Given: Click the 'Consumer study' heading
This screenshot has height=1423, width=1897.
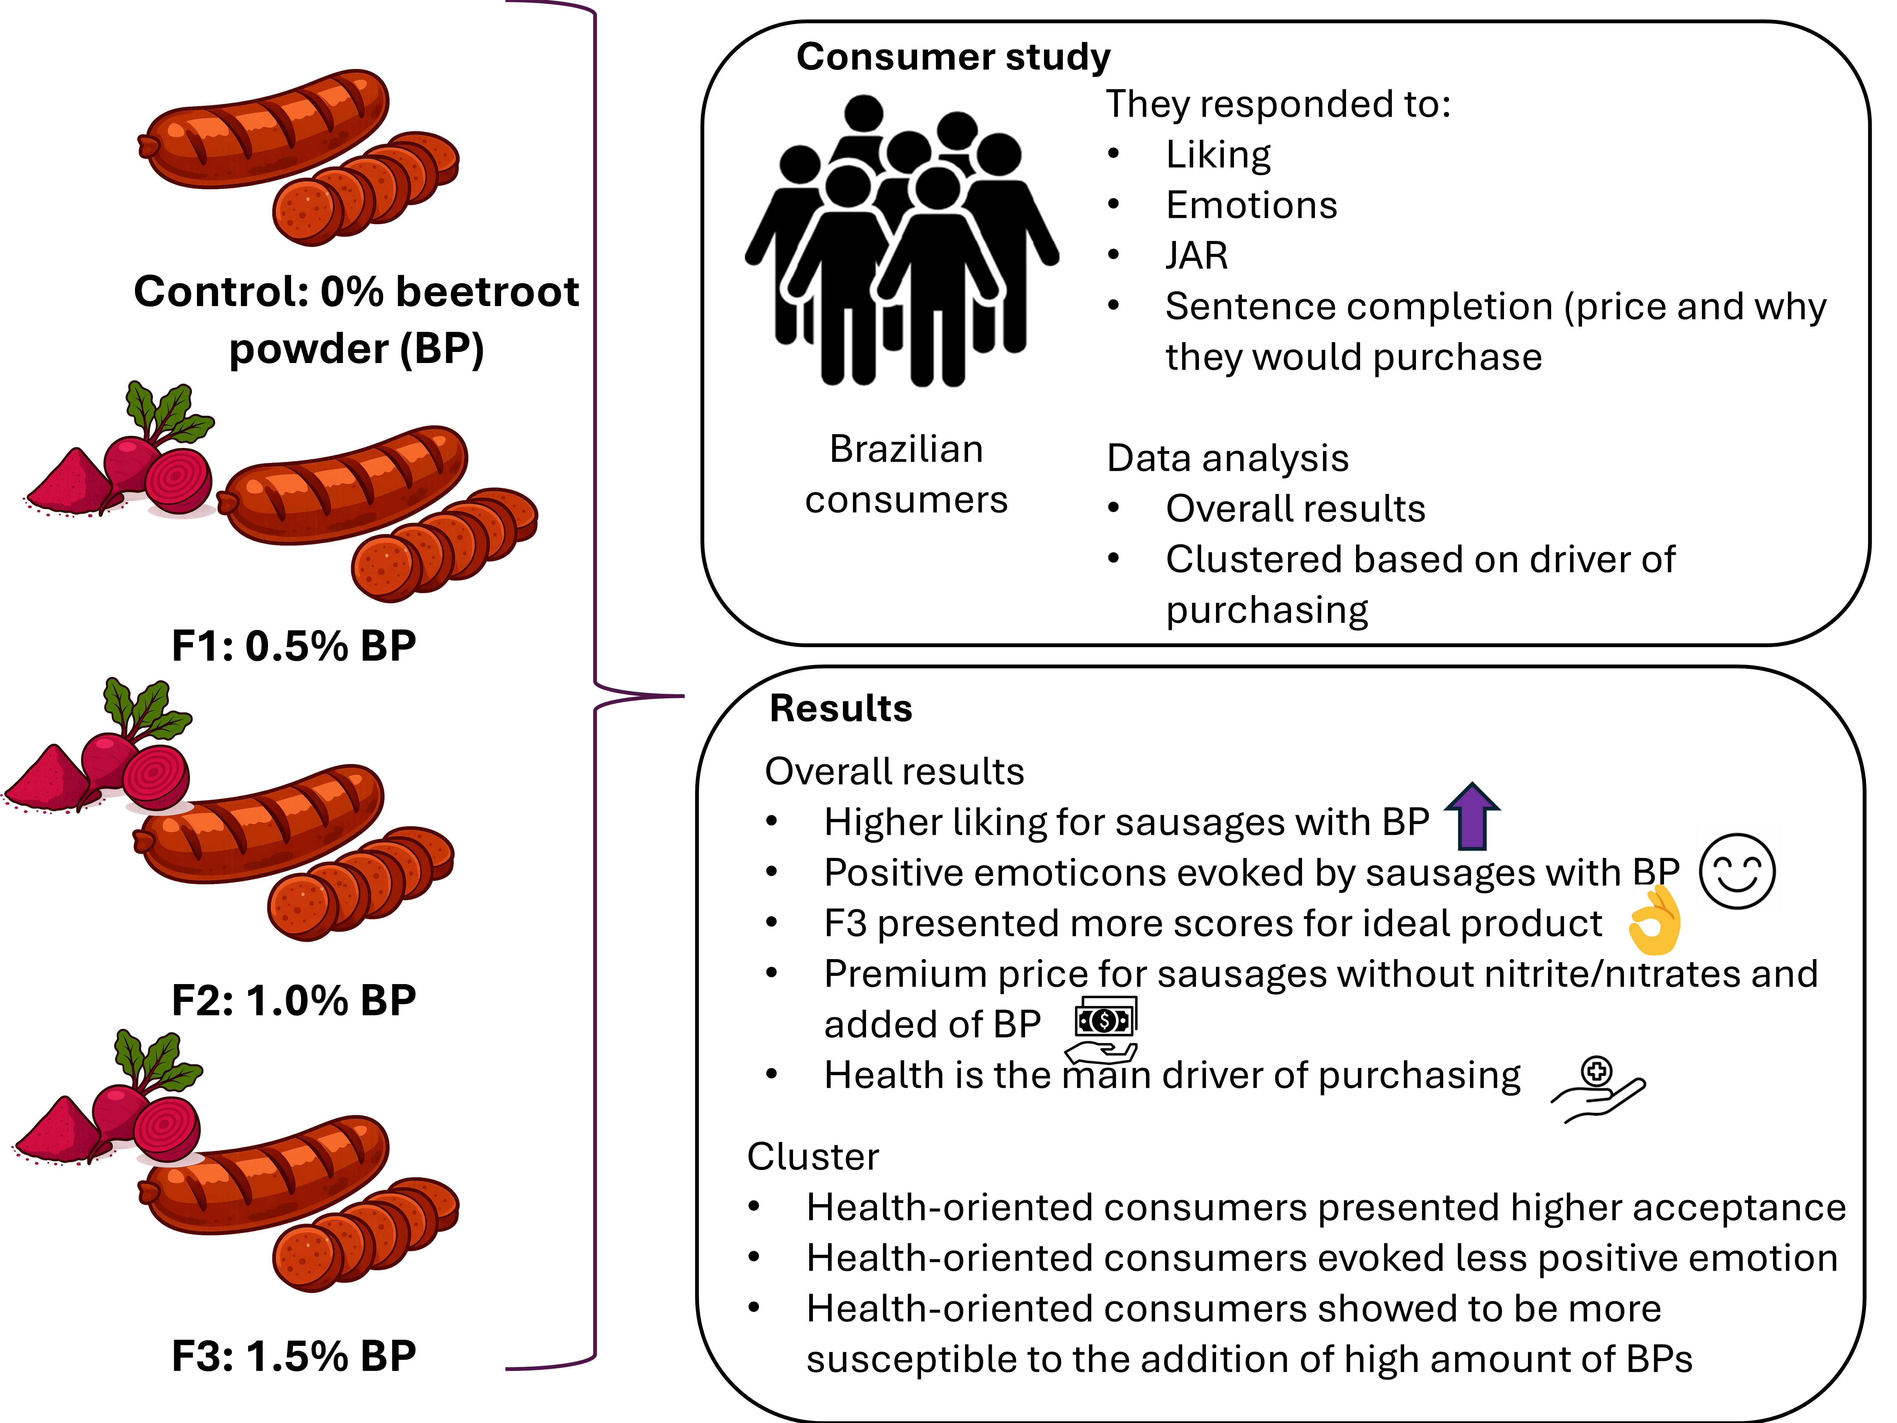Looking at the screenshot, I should click(953, 57).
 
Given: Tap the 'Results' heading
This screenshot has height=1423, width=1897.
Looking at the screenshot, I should click(840, 709).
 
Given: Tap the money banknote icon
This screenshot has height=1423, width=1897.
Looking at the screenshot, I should click(1105, 1020).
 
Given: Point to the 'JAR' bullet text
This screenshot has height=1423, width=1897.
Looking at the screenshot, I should click(1196, 256).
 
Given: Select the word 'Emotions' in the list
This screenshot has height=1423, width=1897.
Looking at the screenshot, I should click(1251, 205).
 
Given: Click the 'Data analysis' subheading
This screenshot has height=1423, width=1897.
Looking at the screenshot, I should click(1227, 458).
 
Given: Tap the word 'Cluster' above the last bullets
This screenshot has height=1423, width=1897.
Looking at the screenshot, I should click(813, 1156).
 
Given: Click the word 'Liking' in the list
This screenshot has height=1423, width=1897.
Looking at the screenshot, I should click(1218, 154).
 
